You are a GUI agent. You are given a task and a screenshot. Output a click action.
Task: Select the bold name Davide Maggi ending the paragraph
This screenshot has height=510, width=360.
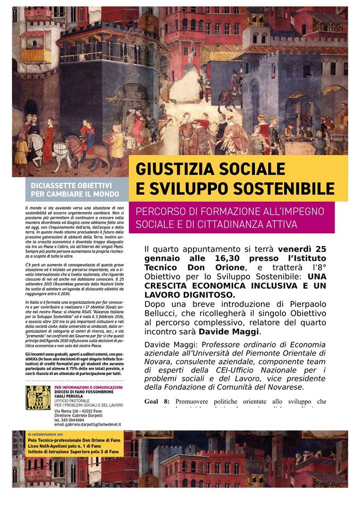pos(233,332)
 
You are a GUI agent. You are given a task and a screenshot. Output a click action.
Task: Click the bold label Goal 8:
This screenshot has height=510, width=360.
pos(157,401)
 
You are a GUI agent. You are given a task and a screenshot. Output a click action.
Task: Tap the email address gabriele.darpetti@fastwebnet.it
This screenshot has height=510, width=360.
pos(88,424)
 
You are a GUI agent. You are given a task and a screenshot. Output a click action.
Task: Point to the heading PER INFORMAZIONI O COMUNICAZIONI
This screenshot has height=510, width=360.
pos(88,387)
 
